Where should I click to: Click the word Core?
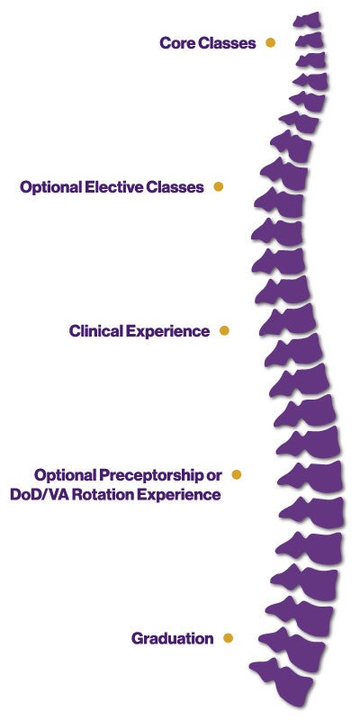[x=177, y=43]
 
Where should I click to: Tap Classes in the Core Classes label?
[x=227, y=43]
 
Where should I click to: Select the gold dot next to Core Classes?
[x=270, y=42]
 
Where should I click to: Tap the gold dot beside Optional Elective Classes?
[x=218, y=187]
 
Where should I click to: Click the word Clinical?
[x=96, y=331]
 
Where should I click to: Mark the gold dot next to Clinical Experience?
[x=224, y=330]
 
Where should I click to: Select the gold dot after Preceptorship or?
[x=237, y=473]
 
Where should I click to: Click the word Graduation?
[x=172, y=638]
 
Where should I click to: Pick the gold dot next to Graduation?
[x=228, y=638]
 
